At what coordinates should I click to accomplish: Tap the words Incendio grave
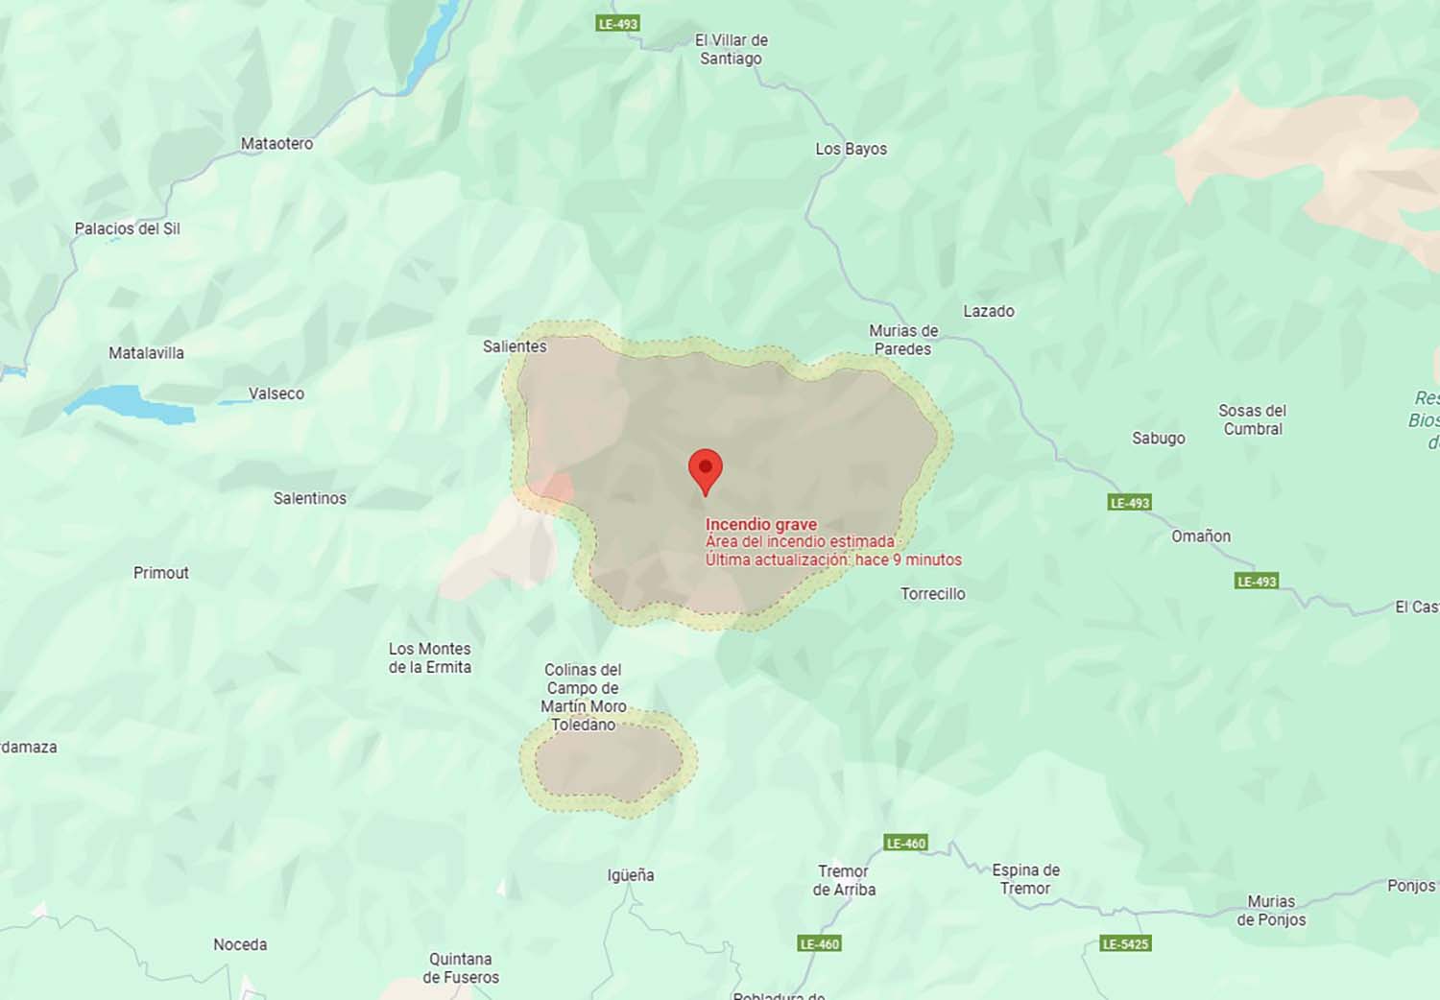click(760, 524)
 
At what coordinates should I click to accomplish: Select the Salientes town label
click(515, 346)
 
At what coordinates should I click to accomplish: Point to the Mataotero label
click(276, 144)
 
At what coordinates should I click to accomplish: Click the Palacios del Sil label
click(128, 228)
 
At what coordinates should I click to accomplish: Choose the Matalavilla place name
click(146, 353)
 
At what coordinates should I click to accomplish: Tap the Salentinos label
click(309, 498)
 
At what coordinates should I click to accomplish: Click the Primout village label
click(161, 573)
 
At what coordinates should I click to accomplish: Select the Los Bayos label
click(851, 149)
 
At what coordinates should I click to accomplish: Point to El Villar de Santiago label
click(732, 49)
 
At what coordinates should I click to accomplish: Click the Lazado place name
click(989, 311)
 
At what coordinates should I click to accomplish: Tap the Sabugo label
click(1158, 439)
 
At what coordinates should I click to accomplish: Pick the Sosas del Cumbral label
click(1252, 419)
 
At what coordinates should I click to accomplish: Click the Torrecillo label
click(932, 594)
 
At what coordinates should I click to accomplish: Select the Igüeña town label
click(631, 875)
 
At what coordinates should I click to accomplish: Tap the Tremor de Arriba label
click(844, 880)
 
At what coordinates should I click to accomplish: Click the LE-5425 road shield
click(1125, 943)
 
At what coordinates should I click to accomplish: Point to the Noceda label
click(240, 945)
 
